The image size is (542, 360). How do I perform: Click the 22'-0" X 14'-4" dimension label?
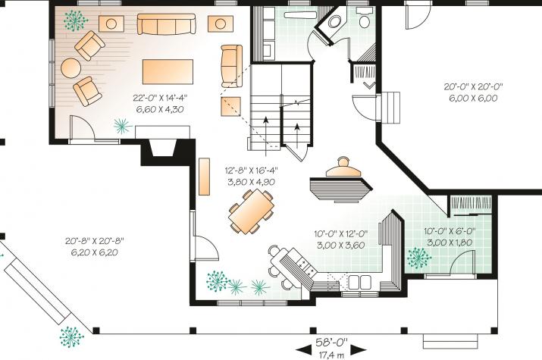pyautogui.click(x=160, y=98)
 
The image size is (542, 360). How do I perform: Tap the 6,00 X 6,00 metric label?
pyautogui.click(x=473, y=98)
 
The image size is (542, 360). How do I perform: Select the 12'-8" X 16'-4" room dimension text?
pyautogui.click(x=252, y=171)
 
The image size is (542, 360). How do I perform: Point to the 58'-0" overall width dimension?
pyautogui.click(x=331, y=342)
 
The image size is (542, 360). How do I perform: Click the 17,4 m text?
pyautogui.click(x=331, y=355)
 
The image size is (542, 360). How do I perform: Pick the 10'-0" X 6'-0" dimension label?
pyautogui.click(x=450, y=231)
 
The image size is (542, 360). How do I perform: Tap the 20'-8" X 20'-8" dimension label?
pyautogui.click(x=94, y=240)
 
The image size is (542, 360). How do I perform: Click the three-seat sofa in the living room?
pyautogui.click(x=167, y=24)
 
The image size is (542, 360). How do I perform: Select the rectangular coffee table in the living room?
pyautogui.click(x=168, y=71)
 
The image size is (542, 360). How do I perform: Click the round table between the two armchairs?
pyautogui.click(x=70, y=68)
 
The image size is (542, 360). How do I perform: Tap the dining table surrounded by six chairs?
pyautogui.click(x=252, y=211)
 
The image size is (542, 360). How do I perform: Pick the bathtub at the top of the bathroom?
pyautogui.click(x=300, y=15)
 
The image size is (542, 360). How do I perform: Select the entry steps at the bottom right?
pyautogui.click(x=450, y=341)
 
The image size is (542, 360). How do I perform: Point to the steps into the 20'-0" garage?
pyautogui.click(x=391, y=107)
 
